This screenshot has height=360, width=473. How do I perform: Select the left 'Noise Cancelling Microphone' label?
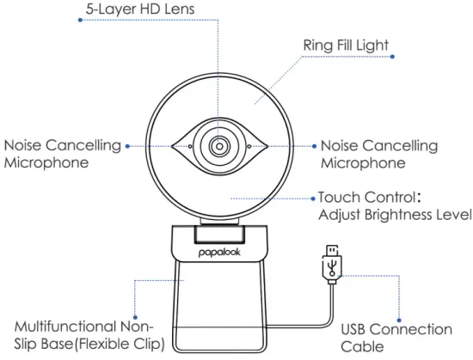click(63, 153)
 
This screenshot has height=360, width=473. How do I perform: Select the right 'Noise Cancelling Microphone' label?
click(379, 153)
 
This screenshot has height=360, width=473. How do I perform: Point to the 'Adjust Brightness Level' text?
click(395, 213)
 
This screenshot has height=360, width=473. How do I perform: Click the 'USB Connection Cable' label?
click(396, 337)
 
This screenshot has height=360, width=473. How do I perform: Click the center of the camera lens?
click(218, 145)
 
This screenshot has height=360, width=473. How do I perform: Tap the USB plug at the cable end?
click(329, 263)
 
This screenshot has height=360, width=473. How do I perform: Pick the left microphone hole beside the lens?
click(190, 146)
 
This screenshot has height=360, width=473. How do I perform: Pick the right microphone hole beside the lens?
click(248, 146)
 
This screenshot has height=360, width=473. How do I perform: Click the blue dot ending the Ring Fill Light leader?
click(393, 57)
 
